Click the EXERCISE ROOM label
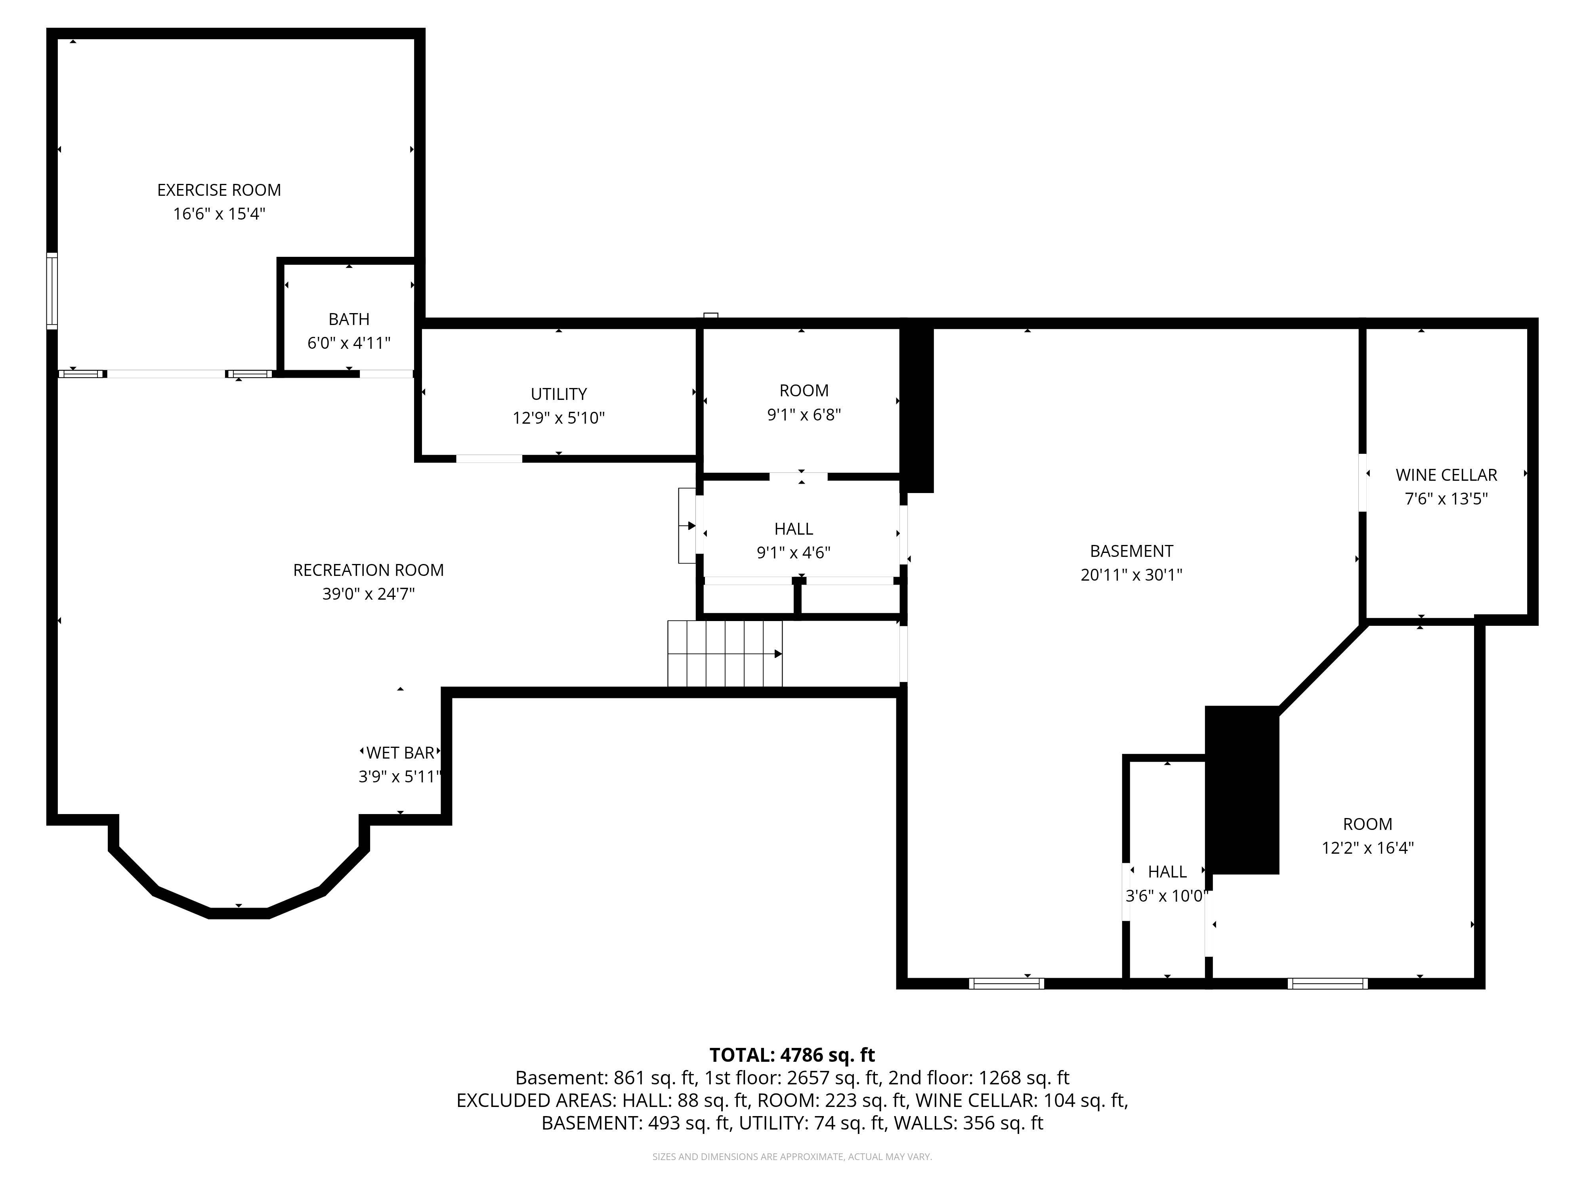click(219, 190)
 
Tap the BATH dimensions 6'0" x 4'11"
click(349, 343)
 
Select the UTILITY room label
click(559, 394)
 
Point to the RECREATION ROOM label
click(368, 570)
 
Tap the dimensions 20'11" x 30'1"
click(1131, 575)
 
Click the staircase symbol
click(725, 654)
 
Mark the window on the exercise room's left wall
click(52, 291)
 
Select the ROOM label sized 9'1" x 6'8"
click(804, 391)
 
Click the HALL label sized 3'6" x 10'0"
click(1167, 872)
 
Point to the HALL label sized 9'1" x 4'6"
click(794, 529)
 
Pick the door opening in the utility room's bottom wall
click(489, 459)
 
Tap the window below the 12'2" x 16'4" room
click(1328, 983)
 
